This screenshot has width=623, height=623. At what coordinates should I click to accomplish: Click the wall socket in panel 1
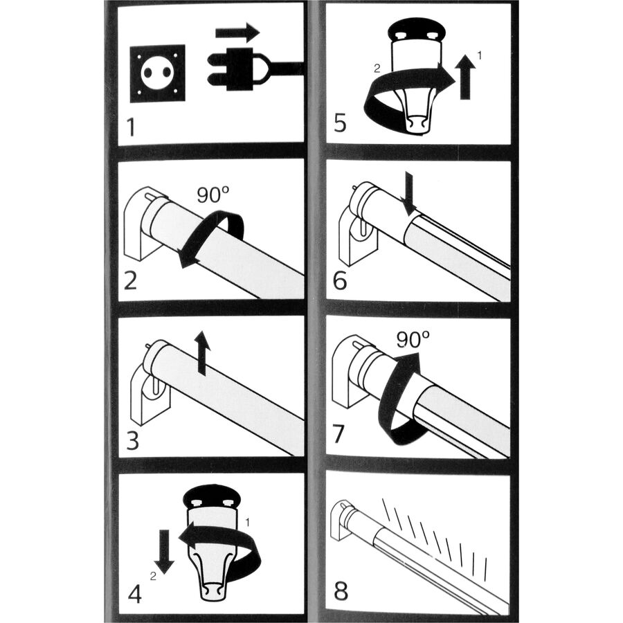(158, 73)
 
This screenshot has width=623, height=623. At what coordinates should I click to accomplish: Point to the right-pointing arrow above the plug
(237, 33)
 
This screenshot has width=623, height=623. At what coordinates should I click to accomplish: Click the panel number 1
(132, 127)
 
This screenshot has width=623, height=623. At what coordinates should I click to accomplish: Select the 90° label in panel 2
(213, 195)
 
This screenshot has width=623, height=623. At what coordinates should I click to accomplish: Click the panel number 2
(131, 280)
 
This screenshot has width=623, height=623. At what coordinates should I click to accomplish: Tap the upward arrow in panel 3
(203, 352)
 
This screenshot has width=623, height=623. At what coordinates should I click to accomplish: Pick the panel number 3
(132, 441)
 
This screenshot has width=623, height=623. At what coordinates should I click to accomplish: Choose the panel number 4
(135, 595)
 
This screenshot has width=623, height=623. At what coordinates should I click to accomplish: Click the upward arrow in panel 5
(465, 77)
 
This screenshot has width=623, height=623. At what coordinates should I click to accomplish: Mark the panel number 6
(341, 281)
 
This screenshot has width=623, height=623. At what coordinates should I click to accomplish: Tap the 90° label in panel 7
(413, 340)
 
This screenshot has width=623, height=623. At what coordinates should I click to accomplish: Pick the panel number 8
(341, 591)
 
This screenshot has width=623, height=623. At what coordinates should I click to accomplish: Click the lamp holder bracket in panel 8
(340, 520)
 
